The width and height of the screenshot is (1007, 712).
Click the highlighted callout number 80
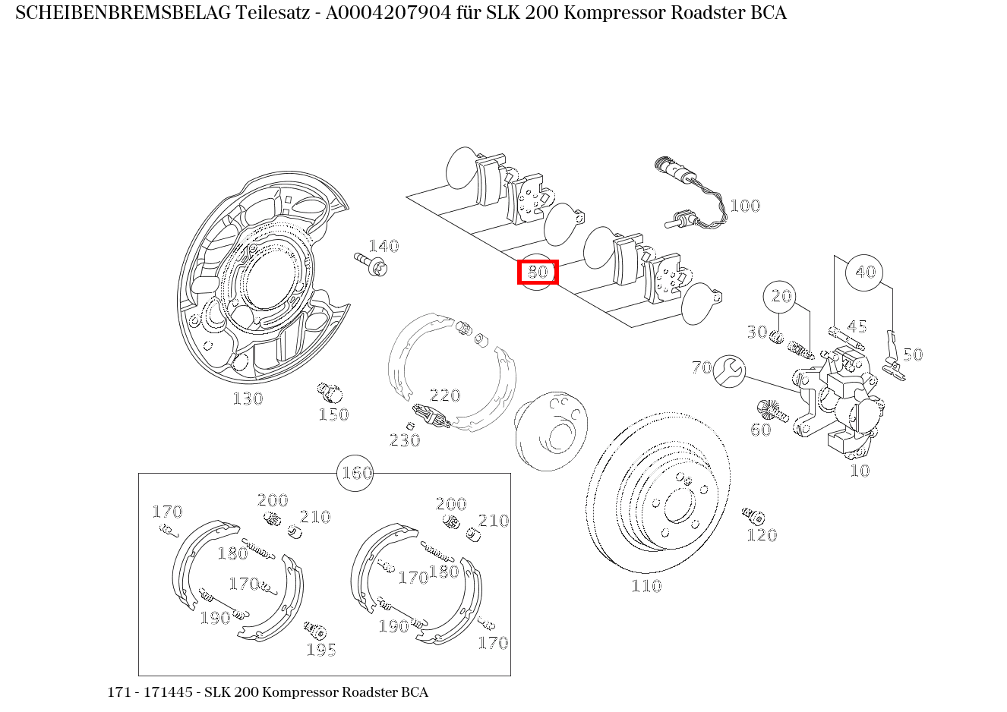tap(538, 272)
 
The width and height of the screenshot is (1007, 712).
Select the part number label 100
tap(744, 206)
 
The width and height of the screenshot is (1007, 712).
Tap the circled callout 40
tap(865, 272)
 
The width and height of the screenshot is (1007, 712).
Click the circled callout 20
tap(781, 296)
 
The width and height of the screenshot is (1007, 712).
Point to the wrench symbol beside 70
tap(731, 370)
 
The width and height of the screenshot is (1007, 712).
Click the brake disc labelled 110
tap(658, 493)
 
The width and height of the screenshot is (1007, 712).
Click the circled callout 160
tap(355, 473)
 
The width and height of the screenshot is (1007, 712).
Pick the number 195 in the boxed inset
tap(321, 650)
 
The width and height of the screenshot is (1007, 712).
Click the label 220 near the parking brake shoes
tap(445, 395)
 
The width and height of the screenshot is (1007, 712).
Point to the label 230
tap(405, 440)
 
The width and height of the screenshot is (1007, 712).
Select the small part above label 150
tap(330, 392)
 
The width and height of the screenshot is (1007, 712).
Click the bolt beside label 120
tap(753, 516)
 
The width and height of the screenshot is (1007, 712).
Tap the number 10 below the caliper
tap(859, 471)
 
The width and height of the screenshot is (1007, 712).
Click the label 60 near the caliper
tap(760, 430)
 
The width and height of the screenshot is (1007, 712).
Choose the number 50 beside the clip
tap(912, 354)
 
